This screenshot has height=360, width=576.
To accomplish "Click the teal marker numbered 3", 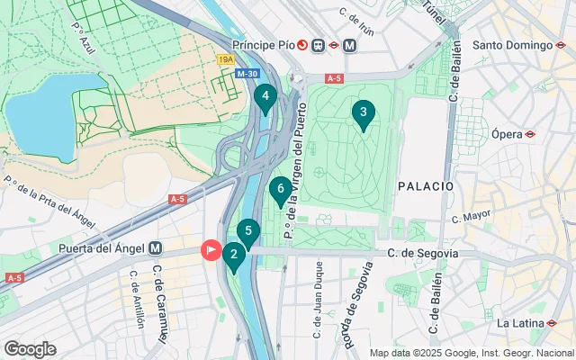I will pyautogui.click(x=363, y=113).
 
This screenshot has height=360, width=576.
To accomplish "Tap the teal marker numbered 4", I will pyautogui.click(x=265, y=97).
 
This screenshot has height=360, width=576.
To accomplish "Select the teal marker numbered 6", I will pyautogui.click(x=281, y=190).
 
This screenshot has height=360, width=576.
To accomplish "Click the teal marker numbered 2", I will pyautogui.click(x=233, y=256).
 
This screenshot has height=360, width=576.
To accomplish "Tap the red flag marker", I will pyautogui.click(x=211, y=249).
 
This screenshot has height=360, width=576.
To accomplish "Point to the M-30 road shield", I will pyautogui.click(x=247, y=74).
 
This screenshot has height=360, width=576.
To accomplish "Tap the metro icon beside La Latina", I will pyautogui.click(x=553, y=322).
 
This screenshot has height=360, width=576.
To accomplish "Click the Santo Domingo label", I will pyautogui.click(x=511, y=45).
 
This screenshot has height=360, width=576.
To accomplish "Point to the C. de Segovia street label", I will pyautogui.click(x=423, y=254).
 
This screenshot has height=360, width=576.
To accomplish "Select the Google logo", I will pyautogui.click(x=30, y=349).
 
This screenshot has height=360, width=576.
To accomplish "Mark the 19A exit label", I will pyautogui.click(x=227, y=59).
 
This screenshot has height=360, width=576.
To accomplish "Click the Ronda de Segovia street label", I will pyautogui.click(x=359, y=295).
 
